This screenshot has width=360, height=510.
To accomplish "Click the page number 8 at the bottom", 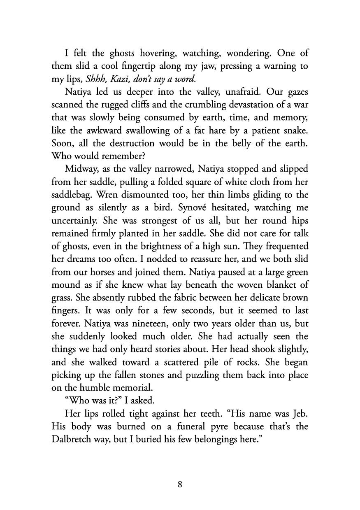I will click(180, 484).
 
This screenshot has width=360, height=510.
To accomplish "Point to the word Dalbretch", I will click(75, 439).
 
